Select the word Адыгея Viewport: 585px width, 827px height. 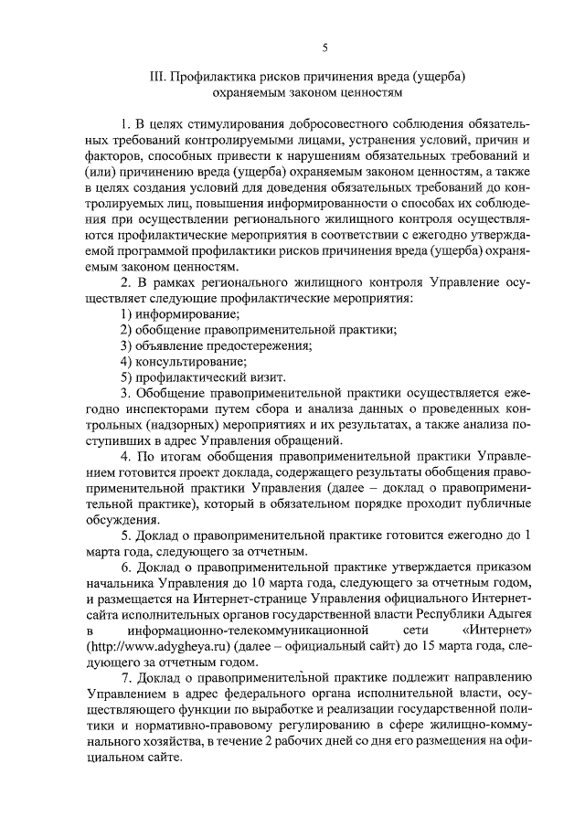coord(507,614)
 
